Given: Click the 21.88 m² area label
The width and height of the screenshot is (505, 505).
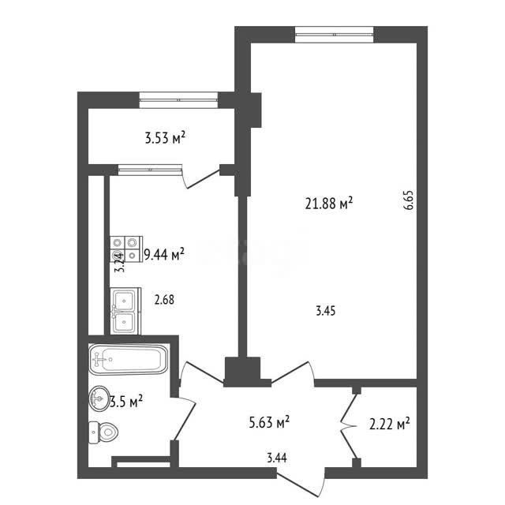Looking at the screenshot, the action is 329,204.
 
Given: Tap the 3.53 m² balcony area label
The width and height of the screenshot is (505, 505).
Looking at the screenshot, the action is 165,138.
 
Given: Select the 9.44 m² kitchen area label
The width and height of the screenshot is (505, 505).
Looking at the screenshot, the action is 164,254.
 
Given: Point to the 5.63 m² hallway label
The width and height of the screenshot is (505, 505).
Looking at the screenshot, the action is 269,422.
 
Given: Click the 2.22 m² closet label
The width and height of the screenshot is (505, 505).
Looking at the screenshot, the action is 389,425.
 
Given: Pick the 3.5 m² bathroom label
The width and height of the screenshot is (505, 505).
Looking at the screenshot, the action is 126,402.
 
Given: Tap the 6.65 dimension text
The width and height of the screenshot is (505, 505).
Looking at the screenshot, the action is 409,200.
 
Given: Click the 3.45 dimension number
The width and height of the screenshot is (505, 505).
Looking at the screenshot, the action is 326,311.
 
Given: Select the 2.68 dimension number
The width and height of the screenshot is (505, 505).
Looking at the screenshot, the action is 164,300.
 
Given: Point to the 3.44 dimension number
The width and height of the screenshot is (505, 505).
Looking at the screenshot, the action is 277,458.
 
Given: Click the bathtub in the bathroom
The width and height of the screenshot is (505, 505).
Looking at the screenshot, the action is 128,359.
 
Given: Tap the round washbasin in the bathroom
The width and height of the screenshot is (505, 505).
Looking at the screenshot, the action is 99,398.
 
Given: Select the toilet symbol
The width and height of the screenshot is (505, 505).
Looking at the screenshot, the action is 103,432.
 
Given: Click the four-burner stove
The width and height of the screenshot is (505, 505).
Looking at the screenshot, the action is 126,249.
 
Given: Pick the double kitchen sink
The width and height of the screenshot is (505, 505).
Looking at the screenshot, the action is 125,311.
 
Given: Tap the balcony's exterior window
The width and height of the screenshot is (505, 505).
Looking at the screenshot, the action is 178,100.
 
